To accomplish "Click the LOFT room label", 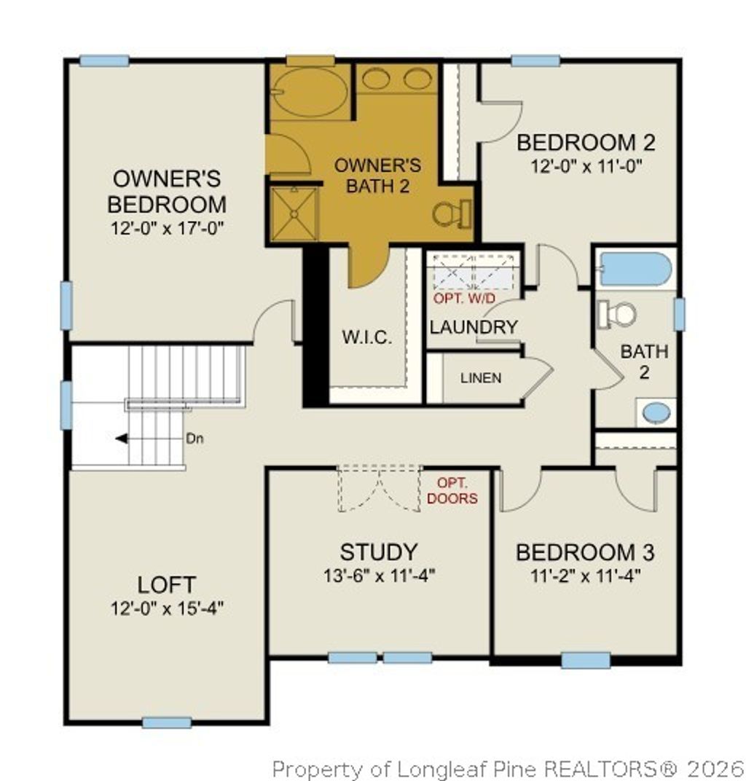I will (166, 584).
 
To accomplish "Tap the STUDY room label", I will (379, 552).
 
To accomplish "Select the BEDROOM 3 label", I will (585, 552).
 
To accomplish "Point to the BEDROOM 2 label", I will (586, 142).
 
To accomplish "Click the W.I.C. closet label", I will (367, 337).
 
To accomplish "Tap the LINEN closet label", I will (481, 378).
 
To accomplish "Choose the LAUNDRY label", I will (474, 327).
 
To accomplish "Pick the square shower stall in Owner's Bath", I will (294, 214).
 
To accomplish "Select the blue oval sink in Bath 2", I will (656, 412).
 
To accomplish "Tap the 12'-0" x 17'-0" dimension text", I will (167, 228).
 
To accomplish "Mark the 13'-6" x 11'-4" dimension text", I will (379, 575).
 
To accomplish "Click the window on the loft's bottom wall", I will (166, 722).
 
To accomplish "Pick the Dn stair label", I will (195, 439).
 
